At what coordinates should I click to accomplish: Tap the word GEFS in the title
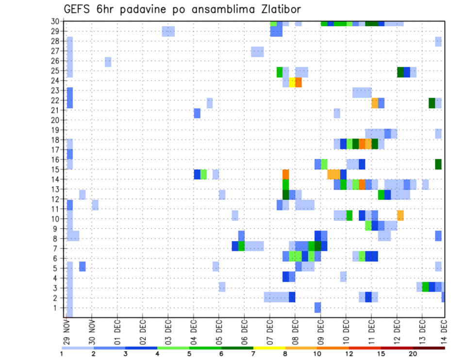pyautogui.click(x=78, y=10)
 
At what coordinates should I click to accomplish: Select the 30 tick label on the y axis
pyautogui.click(x=56, y=21)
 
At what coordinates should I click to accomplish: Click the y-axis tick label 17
pyautogui.click(x=56, y=149)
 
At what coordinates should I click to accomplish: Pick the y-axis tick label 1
pyautogui.click(x=58, y=308)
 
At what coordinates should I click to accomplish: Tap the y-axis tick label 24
pyautogui.click(x=56, y=81)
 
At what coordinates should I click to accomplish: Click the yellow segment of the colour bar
pyautogui.click(x=269, y=347)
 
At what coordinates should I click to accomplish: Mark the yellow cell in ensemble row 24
pyautogui.click(x=292, y=82)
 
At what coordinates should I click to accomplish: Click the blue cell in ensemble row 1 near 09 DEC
pyautogui.click(x=317, y=307)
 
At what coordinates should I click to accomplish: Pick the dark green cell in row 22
pyautogui.click(x=432, y=103)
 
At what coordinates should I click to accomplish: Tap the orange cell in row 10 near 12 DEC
pyautogui.click(x=400, y=215)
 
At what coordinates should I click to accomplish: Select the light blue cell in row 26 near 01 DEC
pyautogui.click(x=108, y=62)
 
